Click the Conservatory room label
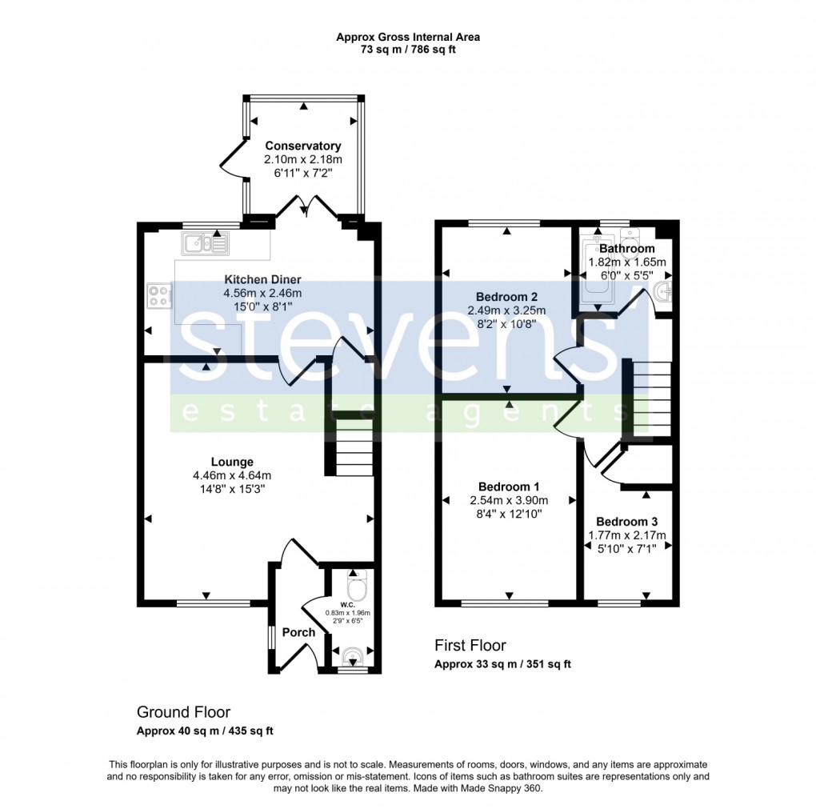[303, 146]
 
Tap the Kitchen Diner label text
[262, 280]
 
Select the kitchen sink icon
[206, 242]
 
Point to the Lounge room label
[232, 462]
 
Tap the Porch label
[299, 632]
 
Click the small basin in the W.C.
[350, 658]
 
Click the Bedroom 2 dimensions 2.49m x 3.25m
[506, 311]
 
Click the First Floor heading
[470, 645]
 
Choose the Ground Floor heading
[183, 712]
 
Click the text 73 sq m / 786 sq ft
[408, 50]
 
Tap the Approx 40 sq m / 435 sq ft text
[206, 731]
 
